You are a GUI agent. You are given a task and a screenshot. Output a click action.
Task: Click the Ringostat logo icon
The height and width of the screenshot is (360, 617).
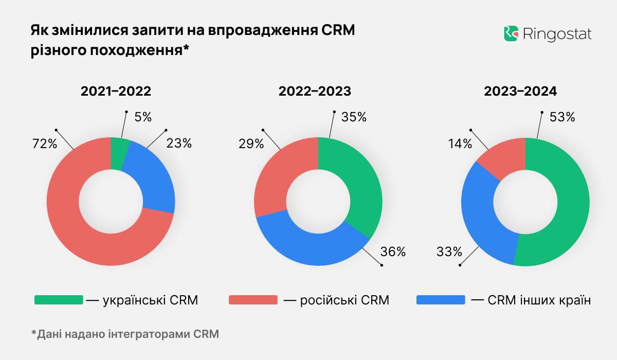[510, 34]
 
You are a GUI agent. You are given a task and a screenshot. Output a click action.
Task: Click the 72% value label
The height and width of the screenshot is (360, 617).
[44, 144]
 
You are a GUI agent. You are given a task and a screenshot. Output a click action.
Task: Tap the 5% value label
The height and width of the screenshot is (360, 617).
[143, 117]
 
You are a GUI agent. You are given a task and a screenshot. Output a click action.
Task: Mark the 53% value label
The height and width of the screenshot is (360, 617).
[562, 117]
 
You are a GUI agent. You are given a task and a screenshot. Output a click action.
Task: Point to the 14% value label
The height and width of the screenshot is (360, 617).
[460, 144]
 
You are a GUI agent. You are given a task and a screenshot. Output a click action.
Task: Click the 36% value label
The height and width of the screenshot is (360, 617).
[393, 252]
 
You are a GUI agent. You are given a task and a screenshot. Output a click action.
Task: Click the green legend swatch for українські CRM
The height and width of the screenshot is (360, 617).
[58, 300]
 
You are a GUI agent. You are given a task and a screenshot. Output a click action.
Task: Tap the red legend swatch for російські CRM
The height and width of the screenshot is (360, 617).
[252, 300]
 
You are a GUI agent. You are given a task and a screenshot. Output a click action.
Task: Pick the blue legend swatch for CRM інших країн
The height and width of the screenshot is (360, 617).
[440, 300]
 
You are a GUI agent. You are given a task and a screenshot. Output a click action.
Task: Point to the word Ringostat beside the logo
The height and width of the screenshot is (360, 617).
[557, 34]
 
